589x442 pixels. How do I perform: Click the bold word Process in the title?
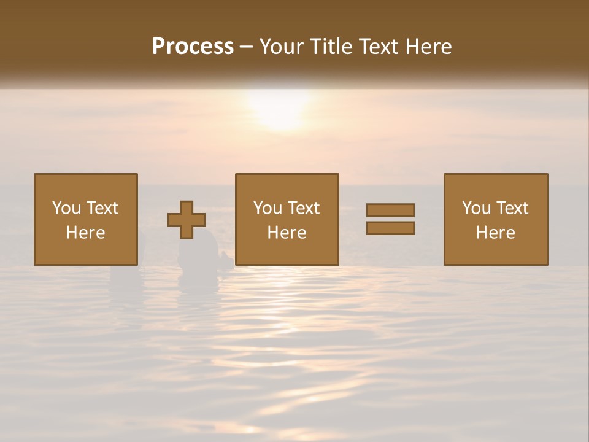click(193, 47)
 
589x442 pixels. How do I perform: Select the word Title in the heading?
click(331, 47)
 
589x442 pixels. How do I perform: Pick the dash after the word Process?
click(247, 47)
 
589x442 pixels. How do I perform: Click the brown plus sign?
click(187, 220)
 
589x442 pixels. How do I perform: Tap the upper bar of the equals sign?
click(390, 210)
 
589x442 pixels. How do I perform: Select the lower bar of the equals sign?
click(390, 228)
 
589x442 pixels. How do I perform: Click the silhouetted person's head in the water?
click(199, 245)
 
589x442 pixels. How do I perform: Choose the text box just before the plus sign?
click(85, 219)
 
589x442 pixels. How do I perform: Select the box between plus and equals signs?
click(287, 219)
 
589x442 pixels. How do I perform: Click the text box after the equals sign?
click(495, 219)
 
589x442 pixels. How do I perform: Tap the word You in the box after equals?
click(477, 208)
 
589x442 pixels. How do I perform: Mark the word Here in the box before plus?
click(85, 233)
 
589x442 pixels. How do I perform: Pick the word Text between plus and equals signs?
click(304, 208)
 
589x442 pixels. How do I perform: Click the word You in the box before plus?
click(67, 208)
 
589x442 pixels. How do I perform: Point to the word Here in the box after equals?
click(495, 233)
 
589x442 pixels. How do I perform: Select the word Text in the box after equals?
click(513, 208)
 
